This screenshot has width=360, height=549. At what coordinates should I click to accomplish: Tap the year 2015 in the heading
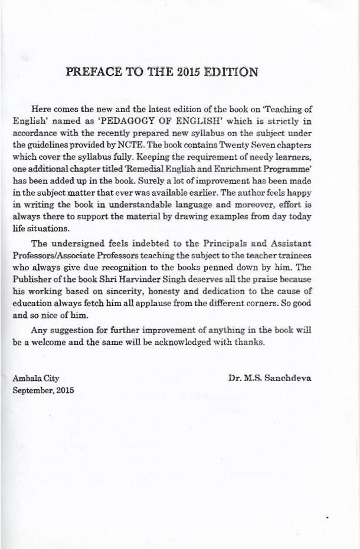[189, 73]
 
